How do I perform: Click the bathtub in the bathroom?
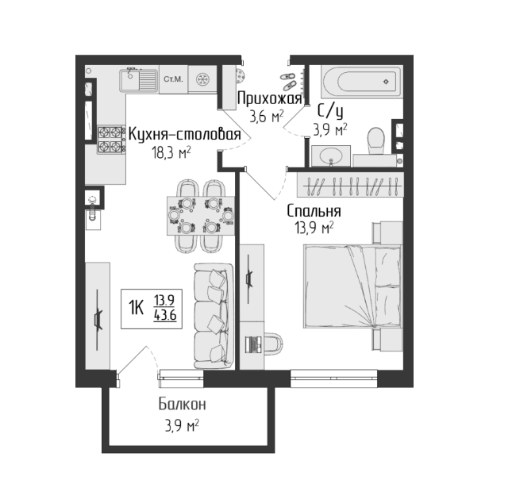tap(362, 82)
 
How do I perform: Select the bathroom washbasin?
tap(331, 156)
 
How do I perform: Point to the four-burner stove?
tap(110, 140)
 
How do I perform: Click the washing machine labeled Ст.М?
tap(173, 79)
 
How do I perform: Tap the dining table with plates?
tap(201, 215)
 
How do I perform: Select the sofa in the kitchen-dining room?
tap(214, 317)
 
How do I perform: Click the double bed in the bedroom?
tap(352, 286)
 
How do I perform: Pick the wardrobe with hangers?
tap(350, 185)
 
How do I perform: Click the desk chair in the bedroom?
tap(274, 344)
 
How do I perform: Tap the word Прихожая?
tap(269, 98)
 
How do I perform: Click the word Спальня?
tap(314, 211)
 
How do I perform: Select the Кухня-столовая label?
tap(185, 134)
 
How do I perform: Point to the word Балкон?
tap(183, 405)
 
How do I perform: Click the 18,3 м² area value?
tap(171, 152)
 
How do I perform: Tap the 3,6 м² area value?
tap(267, 116)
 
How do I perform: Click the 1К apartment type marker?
tap(137, 308)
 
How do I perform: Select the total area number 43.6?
tap(165, 315)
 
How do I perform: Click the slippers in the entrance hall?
tap(288, 81)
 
